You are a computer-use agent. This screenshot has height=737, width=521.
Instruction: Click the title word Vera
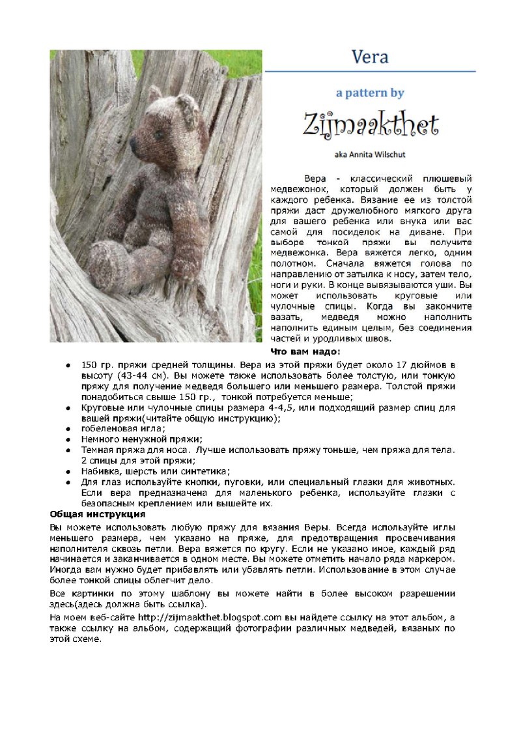tap(370, 57)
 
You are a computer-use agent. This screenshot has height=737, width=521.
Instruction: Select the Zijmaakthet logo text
tap(370, 124)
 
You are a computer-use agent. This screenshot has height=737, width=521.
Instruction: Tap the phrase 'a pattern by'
tap(370, 93)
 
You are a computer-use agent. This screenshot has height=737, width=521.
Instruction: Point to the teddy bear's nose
tap(133, 143)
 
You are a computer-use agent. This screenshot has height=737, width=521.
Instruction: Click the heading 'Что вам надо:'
tap(305, 352)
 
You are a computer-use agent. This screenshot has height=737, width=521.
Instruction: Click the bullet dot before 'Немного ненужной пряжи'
tap(68, 440)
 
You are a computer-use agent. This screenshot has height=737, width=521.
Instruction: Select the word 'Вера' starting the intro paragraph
tap(315, 179)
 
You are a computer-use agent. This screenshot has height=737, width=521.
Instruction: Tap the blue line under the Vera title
tap(370, 71)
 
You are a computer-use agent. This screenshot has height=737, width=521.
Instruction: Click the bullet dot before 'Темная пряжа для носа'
tap(68, 450)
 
